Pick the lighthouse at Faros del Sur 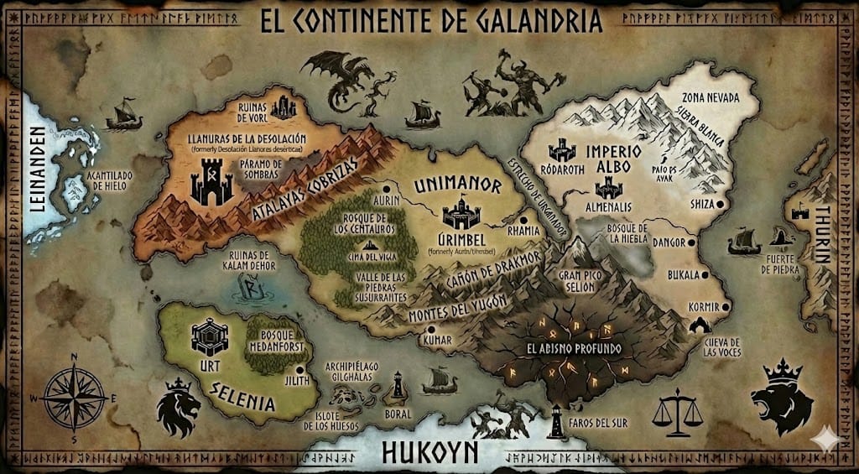555,421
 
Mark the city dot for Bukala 705,274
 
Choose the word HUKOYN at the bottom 429,452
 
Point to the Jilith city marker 300,367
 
